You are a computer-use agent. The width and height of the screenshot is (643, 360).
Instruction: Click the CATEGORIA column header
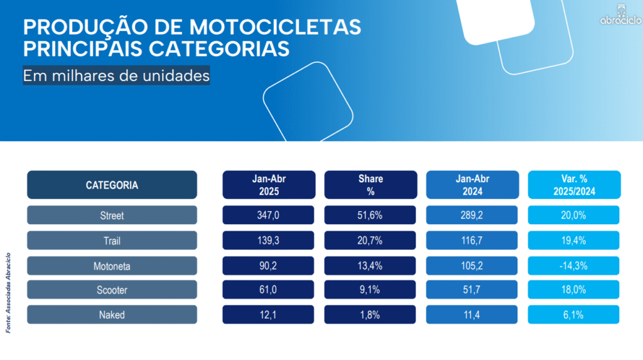click(x=112, y=185)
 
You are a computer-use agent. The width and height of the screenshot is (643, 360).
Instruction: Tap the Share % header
click(x=370, y=185)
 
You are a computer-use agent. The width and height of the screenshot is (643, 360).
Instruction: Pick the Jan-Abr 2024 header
click(x=472, y=185)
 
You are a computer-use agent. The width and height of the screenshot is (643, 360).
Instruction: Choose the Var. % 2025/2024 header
click(x=574, y=185)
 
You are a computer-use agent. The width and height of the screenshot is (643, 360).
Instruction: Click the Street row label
click(x=112, y=215)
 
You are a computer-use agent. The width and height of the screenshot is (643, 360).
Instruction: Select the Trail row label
click(x=112, y=241)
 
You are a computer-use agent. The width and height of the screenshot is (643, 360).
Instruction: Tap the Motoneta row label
click(x=112, y=266)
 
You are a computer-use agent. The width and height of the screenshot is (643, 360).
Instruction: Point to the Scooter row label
click(x=112, y=290)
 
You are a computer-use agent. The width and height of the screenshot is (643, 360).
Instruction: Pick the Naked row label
click(x=112, y=315)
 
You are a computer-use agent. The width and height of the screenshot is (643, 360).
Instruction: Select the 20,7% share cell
click(x=370, y=241)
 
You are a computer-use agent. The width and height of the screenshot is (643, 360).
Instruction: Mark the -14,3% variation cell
click(x=574, y=266)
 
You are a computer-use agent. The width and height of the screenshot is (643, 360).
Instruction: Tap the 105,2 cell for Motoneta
click(x=472, y=266)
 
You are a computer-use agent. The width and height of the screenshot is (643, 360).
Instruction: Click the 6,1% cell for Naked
click(x=574, y=315)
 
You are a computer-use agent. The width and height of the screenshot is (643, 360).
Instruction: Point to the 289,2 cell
click(x=472, y=215)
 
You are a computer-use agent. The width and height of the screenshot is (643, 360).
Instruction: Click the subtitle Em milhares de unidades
click(x=116, y=76)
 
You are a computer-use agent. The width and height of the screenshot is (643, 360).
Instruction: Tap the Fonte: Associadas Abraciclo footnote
click(x=9, y=293)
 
